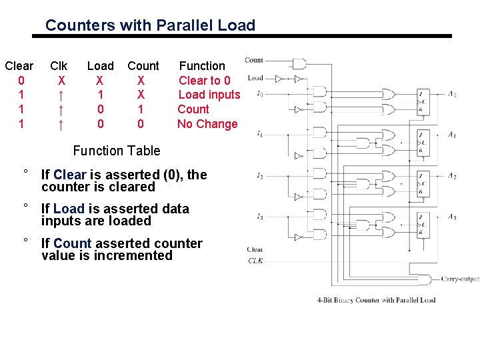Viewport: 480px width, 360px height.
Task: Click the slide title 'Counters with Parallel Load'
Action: [150, 25]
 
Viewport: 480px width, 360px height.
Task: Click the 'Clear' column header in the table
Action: [19, 65]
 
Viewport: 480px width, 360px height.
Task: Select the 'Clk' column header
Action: [59, 65]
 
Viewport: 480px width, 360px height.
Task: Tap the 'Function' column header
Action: [202, 65]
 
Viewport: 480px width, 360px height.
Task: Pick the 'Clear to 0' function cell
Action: [205, 80]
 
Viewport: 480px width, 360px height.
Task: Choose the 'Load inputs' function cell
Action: [209, 95]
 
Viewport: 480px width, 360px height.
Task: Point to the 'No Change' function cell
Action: [207, 124]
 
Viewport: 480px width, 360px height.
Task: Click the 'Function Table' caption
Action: [117, 151]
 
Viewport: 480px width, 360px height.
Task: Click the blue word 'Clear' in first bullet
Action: [70, 175]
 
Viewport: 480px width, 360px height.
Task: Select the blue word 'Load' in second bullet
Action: [68, 209]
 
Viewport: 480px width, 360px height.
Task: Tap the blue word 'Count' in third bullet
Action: [72, 243]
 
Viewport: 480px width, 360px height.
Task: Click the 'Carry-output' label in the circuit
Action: [460, 279]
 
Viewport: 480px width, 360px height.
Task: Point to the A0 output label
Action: [452, 95]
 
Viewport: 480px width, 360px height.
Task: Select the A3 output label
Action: [452, 217]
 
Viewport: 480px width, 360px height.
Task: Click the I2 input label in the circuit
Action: [259, 176]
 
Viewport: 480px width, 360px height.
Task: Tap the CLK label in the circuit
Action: [255, 261]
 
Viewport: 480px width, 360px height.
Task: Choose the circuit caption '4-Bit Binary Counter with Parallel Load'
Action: [377, 300]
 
